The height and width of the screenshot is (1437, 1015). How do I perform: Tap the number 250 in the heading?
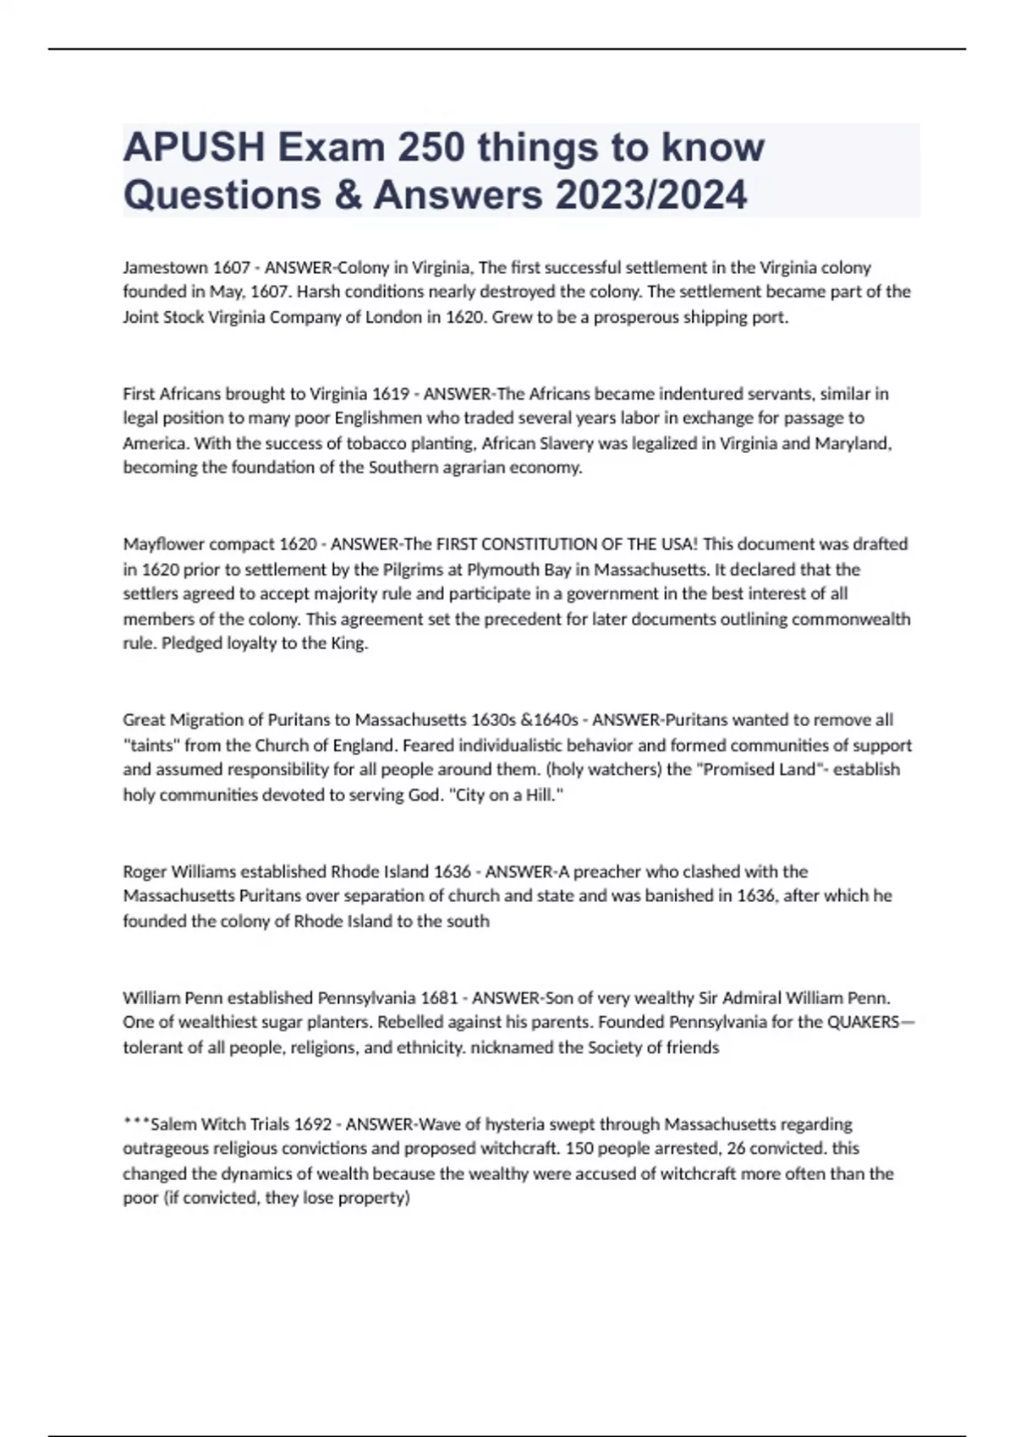(x=432, y=148)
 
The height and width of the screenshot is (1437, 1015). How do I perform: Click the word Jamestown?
(x=165, y=268)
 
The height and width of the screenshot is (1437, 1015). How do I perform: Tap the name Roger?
(x=145, y=871)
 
